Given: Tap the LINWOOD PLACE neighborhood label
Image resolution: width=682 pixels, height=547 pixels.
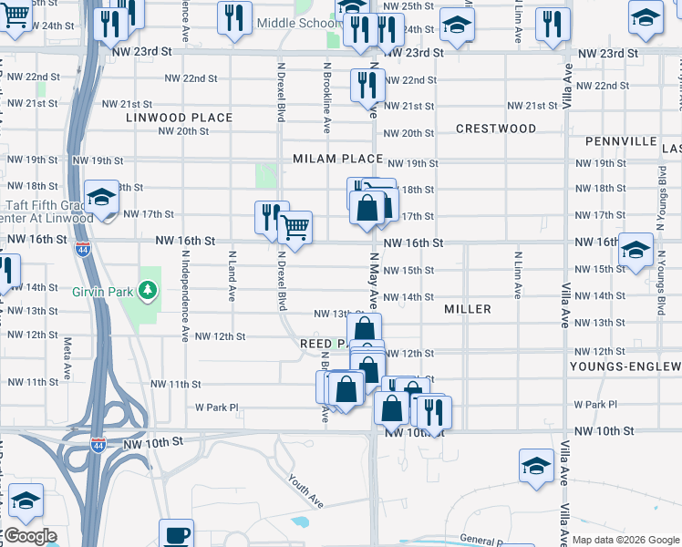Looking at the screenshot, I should pos(180,118).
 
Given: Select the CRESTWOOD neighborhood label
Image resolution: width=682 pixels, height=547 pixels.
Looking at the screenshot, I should pos(496,129).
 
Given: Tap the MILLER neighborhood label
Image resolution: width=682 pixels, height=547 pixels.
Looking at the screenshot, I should pos(468,309).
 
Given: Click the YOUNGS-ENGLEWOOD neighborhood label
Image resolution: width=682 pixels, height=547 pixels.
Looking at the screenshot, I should pos(625,366).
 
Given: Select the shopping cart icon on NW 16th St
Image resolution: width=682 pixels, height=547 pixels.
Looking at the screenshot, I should pos(294,227).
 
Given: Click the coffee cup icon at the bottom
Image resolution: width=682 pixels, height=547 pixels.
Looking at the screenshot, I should pos(176,534).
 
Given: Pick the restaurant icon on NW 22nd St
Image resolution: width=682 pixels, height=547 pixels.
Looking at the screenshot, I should pos(367,86).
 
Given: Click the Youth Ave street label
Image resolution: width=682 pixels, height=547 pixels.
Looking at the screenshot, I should pos(305,490).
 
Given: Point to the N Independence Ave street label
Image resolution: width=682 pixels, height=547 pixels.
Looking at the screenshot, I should pos(184,302).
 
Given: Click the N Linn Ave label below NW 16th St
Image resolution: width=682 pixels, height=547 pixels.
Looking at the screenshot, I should pos(517,276).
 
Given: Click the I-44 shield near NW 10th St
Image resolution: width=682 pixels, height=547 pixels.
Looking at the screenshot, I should pos(98,444).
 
